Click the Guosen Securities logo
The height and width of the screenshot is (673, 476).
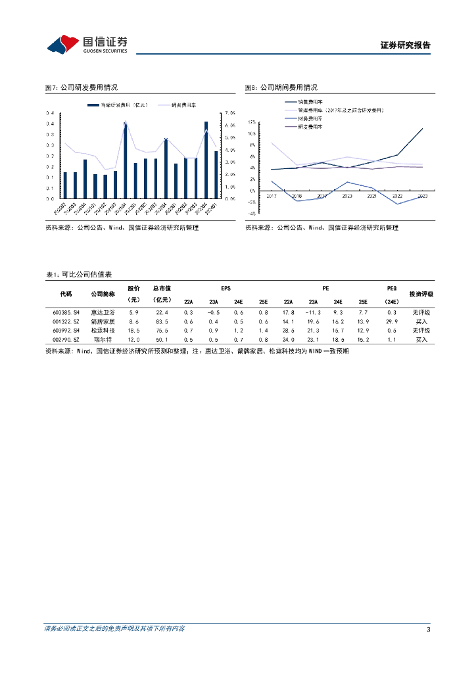pyautogui.click(x=87, y=44)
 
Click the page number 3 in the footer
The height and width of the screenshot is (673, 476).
pyautogui.click(x=428, y=630)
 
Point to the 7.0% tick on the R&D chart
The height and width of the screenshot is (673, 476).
pyautogui.click(x=230, y=113)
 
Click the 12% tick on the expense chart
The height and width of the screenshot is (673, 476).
pyautogui.click(x=252, y=122)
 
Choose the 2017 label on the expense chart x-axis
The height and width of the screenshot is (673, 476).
pyautogui.click(x=272, y=196)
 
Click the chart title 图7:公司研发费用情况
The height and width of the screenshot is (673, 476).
pyautogui.click(x=81, y=87)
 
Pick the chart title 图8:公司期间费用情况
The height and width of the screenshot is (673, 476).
pyautogui.click(x=281, y=87)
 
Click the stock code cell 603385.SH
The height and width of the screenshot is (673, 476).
pyautogui.click(x=66, y=312)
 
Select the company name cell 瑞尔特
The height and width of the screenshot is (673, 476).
pyautogui.click(x=103, y=340)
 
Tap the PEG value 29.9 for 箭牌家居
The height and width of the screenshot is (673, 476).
pyautogui.click(x=391, y=321)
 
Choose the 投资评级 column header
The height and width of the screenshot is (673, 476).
pyautogui.click(x=421, y=294)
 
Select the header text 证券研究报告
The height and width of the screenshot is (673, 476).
pyautogui.click(x=405, y=45)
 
